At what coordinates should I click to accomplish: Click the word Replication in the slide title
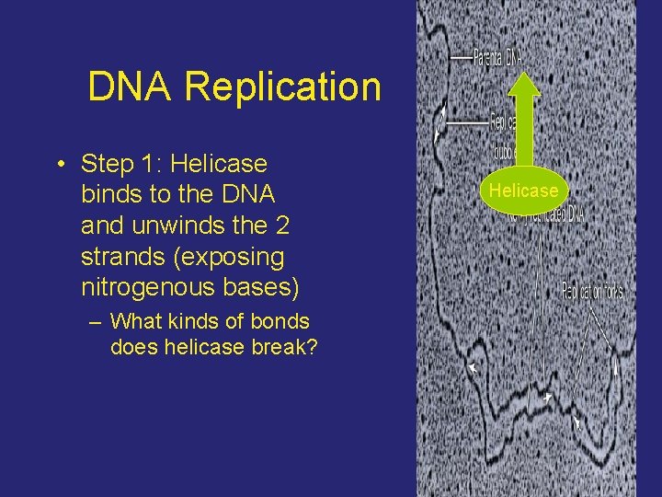[x=282, y=87]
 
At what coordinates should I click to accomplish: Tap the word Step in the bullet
[x=108, y=165]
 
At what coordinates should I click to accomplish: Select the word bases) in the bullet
[x=263, y=288]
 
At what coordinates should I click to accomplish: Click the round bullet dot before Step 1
[x=59, y=166]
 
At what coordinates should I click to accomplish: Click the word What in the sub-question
[x=134, y=322]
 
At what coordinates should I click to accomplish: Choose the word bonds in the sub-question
[x=280, y=322]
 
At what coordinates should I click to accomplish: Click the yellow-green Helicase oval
[x=523, y=191]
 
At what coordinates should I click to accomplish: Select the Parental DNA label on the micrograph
[x=497, y=56]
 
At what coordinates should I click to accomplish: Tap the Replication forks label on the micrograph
[x=592, y=292]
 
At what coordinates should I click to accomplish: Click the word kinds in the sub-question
[x=193, y=322]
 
